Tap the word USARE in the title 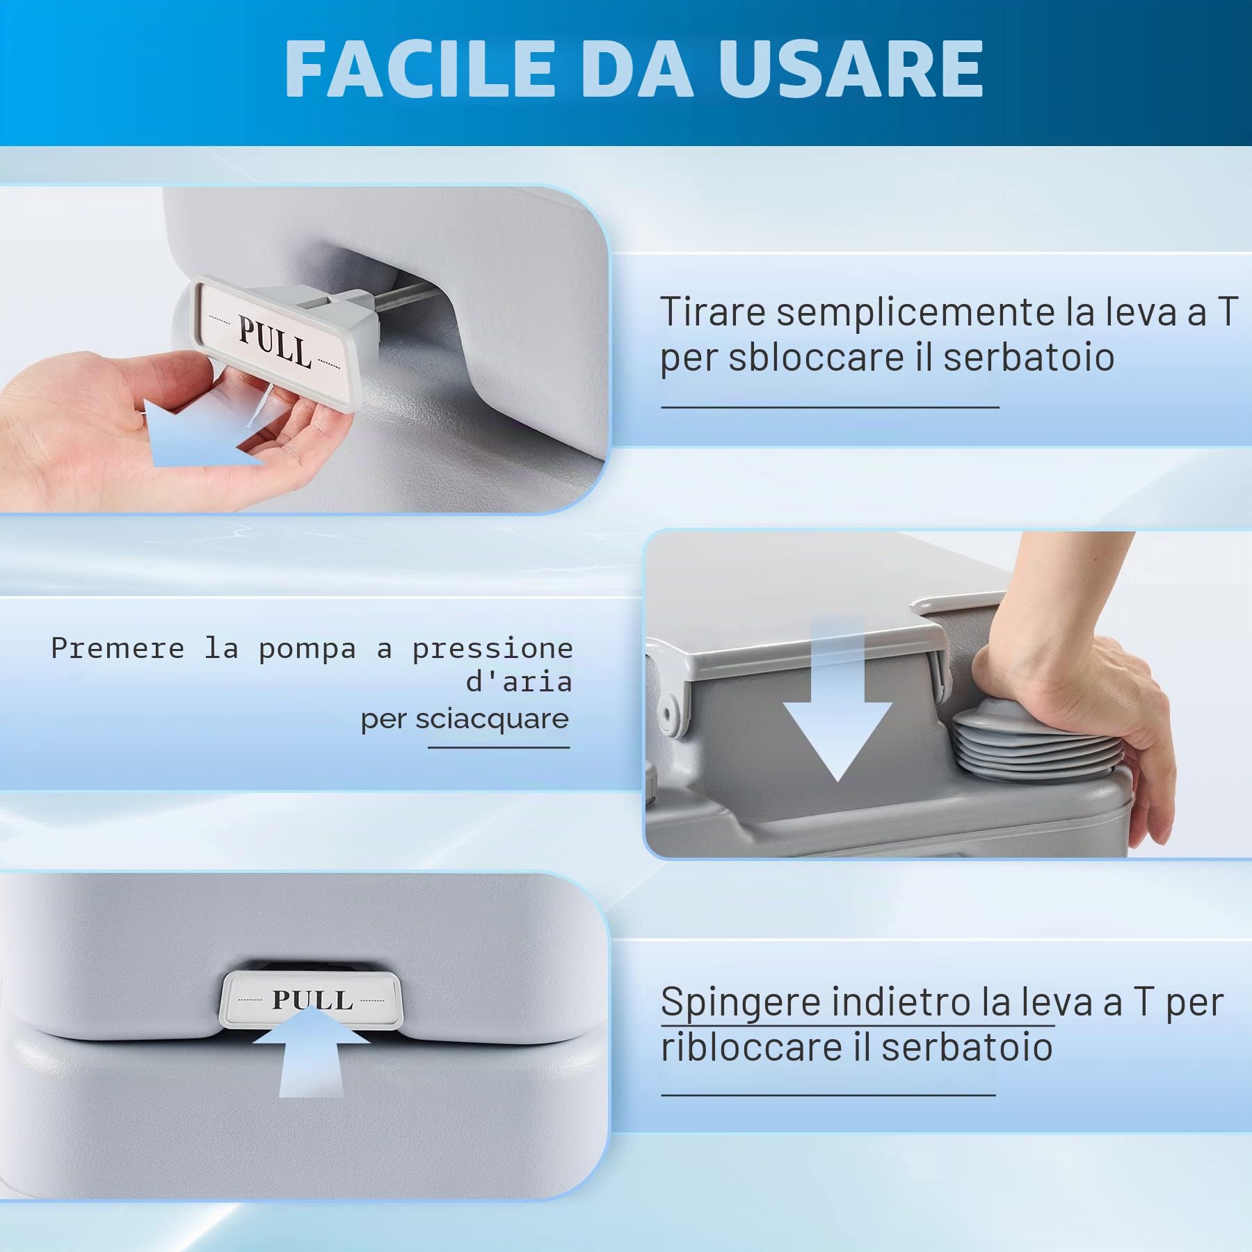(851, 68)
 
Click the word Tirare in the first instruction (712, 312)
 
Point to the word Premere (118, 648)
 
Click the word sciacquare (492, 719)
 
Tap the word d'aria (519, 682)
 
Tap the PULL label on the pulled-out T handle (275, 342)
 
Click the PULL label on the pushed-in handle (312, 1000)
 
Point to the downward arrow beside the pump (837, 703)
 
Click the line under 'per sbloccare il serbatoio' (830, 407)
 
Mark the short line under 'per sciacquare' (499, 748)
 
